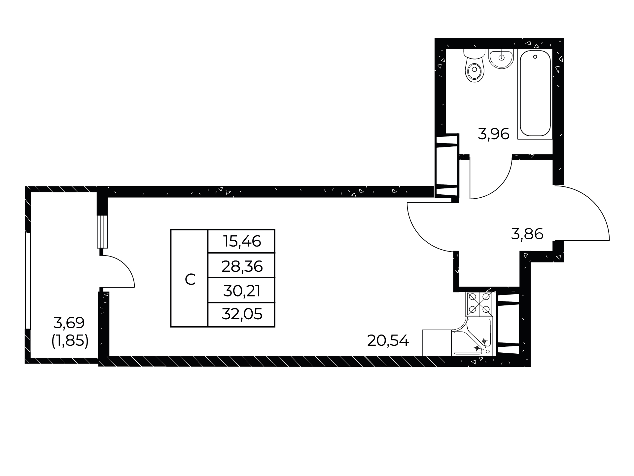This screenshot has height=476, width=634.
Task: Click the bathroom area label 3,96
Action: pyautogui.click(x=494, y=134)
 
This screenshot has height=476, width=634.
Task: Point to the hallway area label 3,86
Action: pyautogui.click(x=527, y=234)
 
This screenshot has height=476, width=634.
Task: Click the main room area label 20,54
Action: pyautogui.click(x=388, y=340)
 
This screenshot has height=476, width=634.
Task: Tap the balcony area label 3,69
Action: pyautogui.click(x=69, y=323)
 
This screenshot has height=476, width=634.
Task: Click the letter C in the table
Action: pyautogui.click(x=190, y=280)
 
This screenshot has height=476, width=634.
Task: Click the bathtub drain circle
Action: pyautogui.click(x=535, y=57)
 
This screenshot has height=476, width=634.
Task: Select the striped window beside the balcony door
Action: pyautogui.click(x=102, y=231)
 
